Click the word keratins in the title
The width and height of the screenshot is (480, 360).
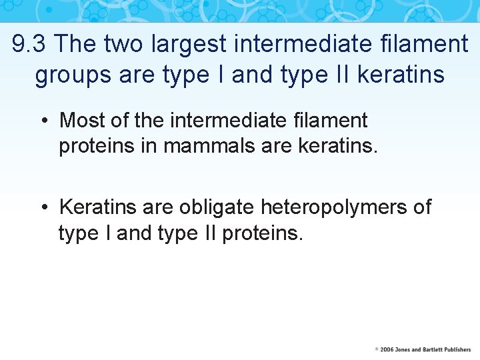pos(401,75)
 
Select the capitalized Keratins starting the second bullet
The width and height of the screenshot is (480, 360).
pos(98,207)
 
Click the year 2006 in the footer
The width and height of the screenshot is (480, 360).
pos(387,349)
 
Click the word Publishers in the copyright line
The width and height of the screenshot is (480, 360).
pos(459,349)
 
